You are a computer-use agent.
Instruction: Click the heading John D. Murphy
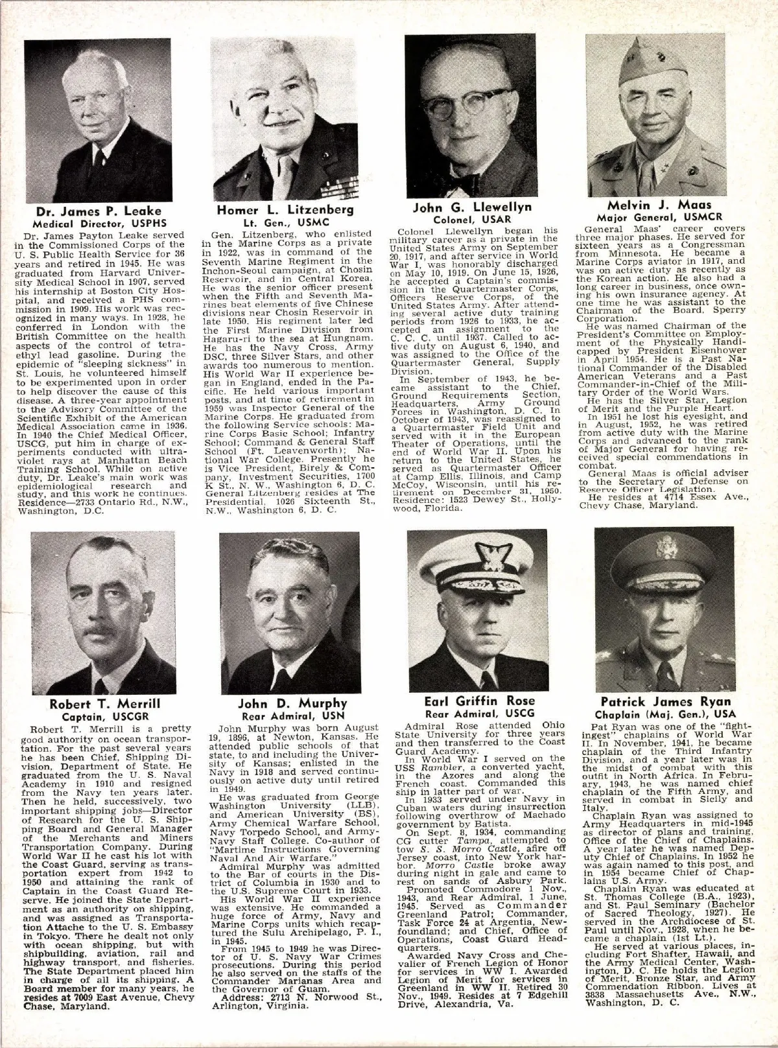tap(292, 704)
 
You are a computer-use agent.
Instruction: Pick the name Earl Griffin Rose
tap(480, 701)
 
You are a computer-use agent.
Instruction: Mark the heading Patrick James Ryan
tap(666, 702)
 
